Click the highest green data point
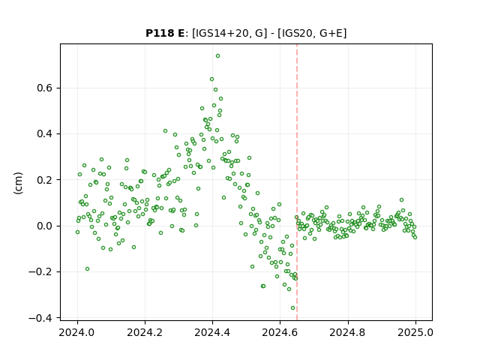(x=217, y=56)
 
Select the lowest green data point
(x=292, y=308)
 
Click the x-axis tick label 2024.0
(x=77, y=332)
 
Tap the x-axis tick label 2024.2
(x=145, y=332)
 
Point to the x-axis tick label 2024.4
(x=212, y=332)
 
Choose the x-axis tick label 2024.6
(x=280, y=332)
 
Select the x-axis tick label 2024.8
(x=348, y=332)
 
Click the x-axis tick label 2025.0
(x=415, y=332)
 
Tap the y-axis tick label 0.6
(x=45, y=88)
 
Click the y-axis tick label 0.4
(x=45, y=134)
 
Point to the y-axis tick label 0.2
(x=45, y=180)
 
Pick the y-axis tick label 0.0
(x=45, y=226)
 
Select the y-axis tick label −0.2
(x=40, y=272)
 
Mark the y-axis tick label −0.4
(x=40, y=318)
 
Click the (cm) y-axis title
(x=18, y=183)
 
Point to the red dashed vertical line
(x=297, y=182)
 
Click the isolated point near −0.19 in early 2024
(x=87, y=269)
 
